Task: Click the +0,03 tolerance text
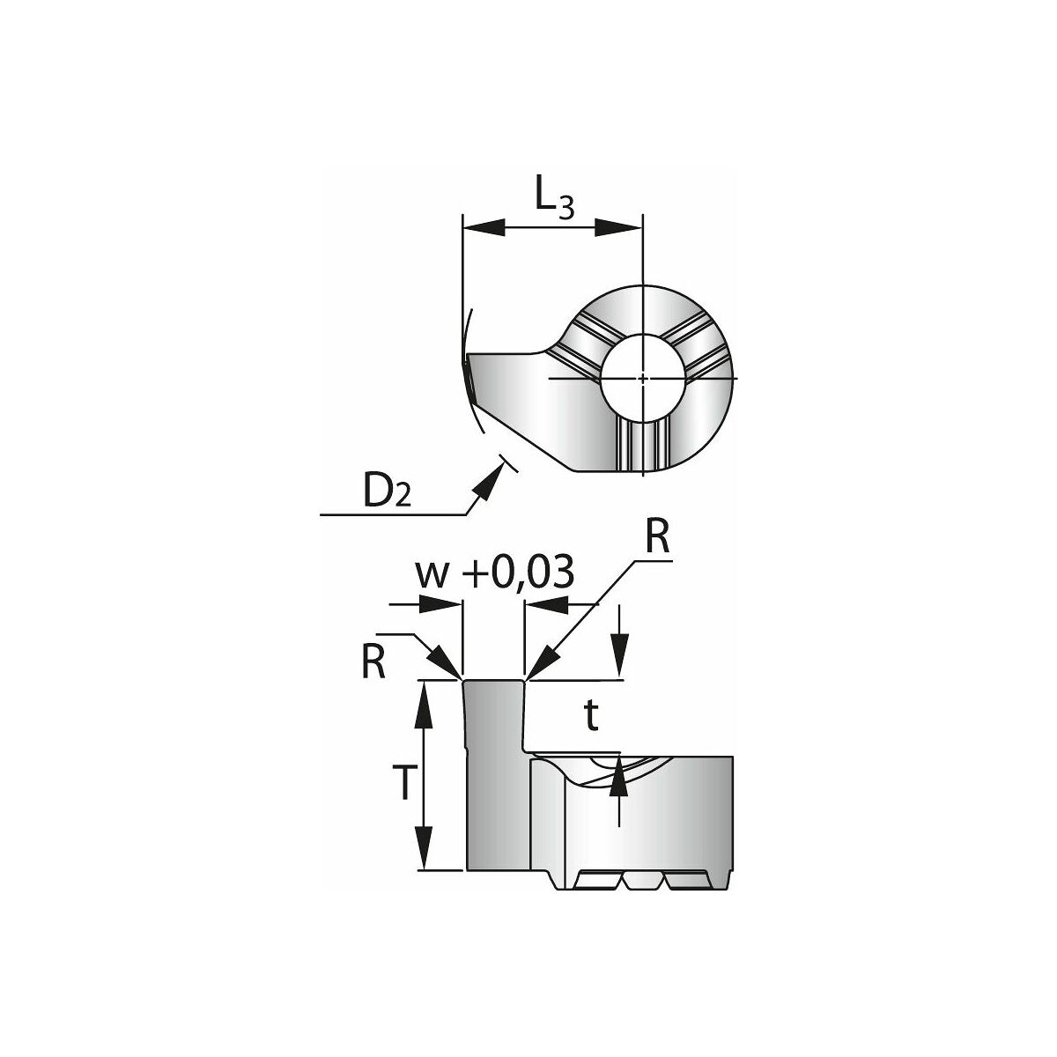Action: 518,572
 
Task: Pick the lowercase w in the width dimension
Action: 433,576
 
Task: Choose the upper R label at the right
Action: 657,539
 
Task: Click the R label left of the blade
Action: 373,664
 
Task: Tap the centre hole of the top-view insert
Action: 643,378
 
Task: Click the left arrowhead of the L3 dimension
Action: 484,227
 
